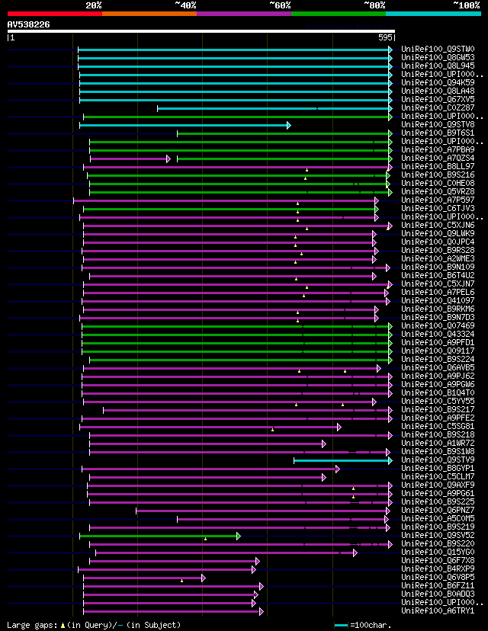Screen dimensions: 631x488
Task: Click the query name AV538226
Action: (29, 24)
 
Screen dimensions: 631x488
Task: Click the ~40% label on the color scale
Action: (185, 5)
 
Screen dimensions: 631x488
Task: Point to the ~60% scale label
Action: (280, 5)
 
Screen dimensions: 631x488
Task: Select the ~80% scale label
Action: (374, 5)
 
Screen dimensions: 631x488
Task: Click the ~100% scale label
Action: (467, 5)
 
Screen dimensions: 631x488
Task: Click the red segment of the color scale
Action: (54, 13)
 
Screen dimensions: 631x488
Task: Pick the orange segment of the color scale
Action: (149, 13)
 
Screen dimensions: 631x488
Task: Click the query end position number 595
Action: (385, 37)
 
